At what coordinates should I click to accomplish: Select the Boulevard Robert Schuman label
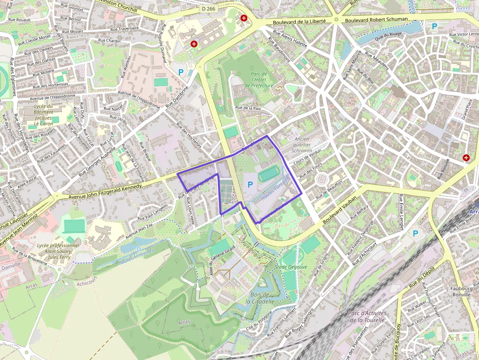point(376,20)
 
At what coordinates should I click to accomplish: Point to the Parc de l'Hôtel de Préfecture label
point(259,79)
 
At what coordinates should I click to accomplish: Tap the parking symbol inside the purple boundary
point(250,184)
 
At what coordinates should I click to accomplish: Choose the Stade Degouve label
point(291,267)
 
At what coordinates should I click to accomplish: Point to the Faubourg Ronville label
point(461,292)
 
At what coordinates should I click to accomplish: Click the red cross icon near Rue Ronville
point(466,158)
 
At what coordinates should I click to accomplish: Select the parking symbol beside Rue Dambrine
point(181,72)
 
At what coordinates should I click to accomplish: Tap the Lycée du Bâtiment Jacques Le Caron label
point(43,115)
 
